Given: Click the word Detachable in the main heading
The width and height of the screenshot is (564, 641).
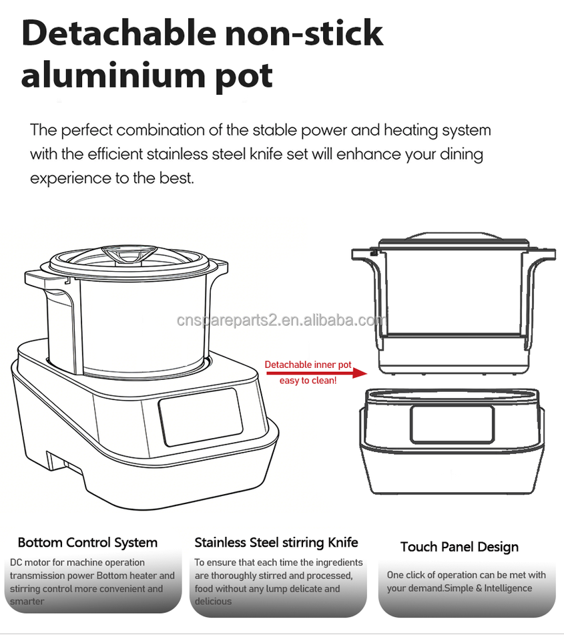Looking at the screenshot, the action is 117,33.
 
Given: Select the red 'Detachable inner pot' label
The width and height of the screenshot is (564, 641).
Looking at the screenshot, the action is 308,365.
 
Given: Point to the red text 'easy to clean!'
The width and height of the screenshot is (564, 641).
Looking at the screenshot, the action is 308,381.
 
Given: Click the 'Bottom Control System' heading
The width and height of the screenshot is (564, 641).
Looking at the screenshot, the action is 87,543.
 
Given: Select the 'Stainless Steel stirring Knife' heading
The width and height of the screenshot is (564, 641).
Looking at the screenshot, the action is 276,542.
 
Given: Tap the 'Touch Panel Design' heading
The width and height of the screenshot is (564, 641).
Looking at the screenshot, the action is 459,547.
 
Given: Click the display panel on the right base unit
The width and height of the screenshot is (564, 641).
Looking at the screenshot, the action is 451,423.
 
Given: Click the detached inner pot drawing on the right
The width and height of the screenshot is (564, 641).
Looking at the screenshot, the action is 453,300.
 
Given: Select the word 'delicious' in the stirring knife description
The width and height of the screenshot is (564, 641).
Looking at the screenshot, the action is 213,602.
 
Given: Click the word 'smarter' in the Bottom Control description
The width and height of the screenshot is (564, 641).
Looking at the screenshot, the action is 27,602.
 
